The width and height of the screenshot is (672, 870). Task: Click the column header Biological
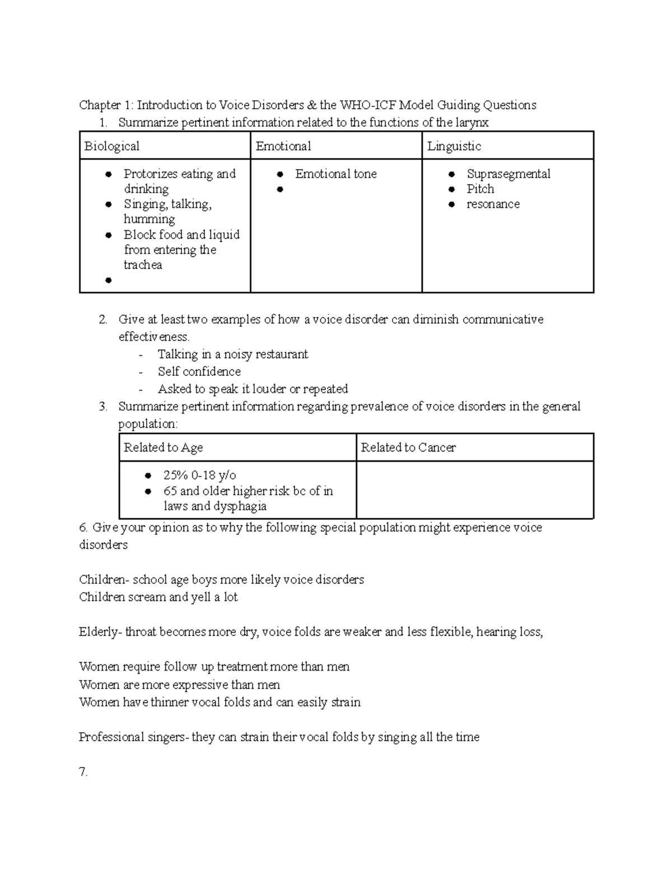point(111,146)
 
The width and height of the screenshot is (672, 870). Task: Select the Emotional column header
point(283,146)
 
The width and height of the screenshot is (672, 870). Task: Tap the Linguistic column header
point(454,146)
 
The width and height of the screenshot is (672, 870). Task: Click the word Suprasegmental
point(508,174)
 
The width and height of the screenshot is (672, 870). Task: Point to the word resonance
point(493,204)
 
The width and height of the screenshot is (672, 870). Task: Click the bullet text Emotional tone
point(335,174)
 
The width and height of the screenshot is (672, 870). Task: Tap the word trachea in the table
point(143,264)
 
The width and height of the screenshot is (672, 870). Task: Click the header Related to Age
point(163,447)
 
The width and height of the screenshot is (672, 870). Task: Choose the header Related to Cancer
point(408,447)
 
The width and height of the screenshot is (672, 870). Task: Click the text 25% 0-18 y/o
point(199,475)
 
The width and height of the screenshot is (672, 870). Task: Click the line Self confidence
point(199,371)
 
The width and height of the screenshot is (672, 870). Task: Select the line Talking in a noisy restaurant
point(232,354)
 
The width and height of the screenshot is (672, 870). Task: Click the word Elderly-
point(100,632)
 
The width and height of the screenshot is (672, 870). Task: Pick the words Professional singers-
point(134,737)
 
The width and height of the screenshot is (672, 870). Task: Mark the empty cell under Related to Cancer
point(474,490)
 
